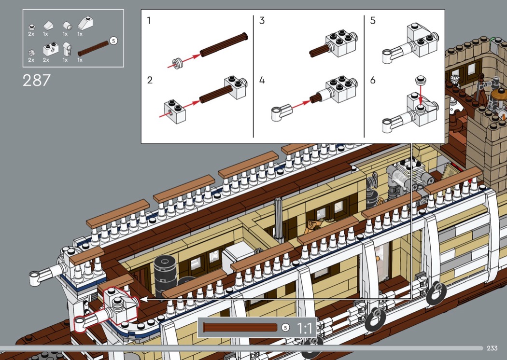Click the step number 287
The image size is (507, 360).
coord(37,81)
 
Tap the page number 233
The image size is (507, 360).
coord(492,348)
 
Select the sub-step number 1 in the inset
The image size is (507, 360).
coord(149,21)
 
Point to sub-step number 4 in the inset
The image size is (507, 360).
coord(262,80)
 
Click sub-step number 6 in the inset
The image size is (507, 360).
coord(373,80)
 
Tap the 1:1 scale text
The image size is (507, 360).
coord(305,328)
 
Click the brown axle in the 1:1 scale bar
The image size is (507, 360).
coord(240,327)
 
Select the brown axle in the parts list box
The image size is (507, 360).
coord(93,48)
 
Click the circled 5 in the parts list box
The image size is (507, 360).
coord(113,41)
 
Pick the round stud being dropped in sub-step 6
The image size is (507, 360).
coord(421,80)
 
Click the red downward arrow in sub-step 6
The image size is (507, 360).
coord(421,95)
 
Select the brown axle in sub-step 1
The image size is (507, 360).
coord(224,44)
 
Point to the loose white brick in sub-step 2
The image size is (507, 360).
coord(175,111)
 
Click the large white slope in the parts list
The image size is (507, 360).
coord(85,23)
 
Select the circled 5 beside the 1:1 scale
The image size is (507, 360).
coord(285,327)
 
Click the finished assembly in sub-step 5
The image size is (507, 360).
coord(410,43)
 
